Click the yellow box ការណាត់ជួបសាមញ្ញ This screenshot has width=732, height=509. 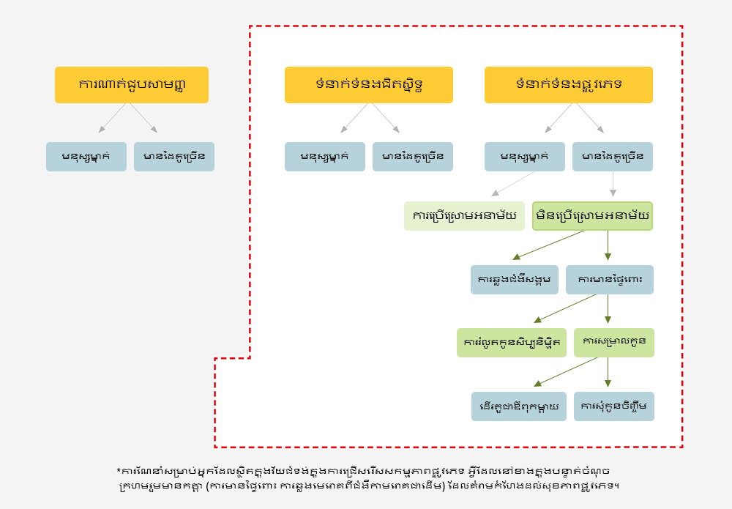click(132, 85)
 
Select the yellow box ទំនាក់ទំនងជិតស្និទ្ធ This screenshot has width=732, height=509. click(369, 85)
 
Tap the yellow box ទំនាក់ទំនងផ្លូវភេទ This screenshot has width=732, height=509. click(569, 85)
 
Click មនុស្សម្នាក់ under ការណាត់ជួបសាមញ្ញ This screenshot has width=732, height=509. click(86, 157)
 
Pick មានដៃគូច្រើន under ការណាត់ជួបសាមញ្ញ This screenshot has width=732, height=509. click(174, 157)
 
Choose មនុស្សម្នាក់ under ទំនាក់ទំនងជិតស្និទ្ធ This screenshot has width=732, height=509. click(325, 157)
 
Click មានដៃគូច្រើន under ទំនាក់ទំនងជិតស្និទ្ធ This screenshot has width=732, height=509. click(413, 157)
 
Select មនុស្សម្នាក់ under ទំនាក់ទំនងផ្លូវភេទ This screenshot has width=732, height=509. click(525, 157)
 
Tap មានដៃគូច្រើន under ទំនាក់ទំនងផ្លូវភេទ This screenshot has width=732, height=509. click(613, 157)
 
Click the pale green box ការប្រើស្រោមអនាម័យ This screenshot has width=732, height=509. click(464, 216)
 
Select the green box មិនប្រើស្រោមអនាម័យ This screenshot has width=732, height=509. click(592, 216)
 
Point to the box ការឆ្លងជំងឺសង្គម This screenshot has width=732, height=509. click(515, 280)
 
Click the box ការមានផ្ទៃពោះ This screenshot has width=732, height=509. click(610, 280)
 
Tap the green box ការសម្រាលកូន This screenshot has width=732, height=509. click(614, 343)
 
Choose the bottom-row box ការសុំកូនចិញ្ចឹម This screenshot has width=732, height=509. click(614, 406)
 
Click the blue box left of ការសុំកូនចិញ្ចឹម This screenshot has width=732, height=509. click(519, 406)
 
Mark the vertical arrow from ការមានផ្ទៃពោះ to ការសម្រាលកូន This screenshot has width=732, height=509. click(608, 309)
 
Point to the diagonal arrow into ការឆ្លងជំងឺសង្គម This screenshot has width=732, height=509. click(549, 245)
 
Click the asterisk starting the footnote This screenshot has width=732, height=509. click(119, 470)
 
